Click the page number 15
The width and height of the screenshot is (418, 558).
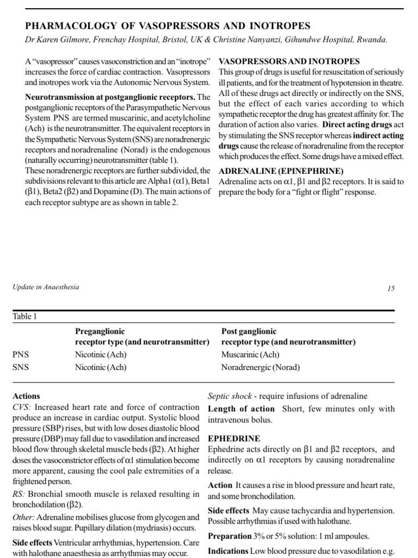(x=391, y=288)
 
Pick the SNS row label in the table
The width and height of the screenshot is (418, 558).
(x=20, y=367)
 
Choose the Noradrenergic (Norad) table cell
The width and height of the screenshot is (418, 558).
(x=260, y=367)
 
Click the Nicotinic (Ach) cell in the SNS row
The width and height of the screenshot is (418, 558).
(x=100, y=367)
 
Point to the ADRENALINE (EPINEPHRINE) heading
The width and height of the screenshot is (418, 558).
(x=281, y=171)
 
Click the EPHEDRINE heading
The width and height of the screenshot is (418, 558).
(x=234, y=439)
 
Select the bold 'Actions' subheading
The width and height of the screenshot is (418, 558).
(x=26, y=396)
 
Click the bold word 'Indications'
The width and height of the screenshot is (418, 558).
(x=228, y=551)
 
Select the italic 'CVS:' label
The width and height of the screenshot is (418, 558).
(x=22, y=408)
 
